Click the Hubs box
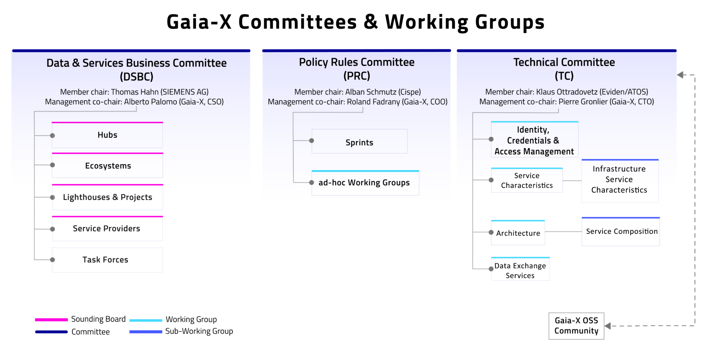tap(107, 135)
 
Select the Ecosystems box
tap(107, 166)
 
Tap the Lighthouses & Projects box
tap(107, 197)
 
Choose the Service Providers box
tap(107, 229)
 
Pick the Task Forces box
tap(107, 260)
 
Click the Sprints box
tap(360, 141)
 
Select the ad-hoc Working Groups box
tap(365, 183)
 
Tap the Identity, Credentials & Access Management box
tap(535, 139)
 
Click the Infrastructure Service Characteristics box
tap(620, 181)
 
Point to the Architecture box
tap(518, 233)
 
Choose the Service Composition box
tap(621, 231)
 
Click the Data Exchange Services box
tap(521, 269)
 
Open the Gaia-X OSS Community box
tap(577, 326)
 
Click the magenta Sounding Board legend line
tap(51, 319)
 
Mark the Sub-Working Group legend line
tap(146, 331)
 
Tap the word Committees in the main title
tap(297, 22)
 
